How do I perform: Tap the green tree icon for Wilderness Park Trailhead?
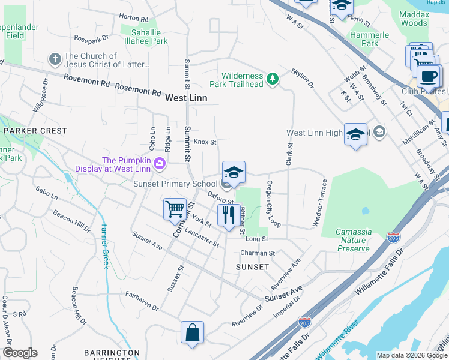point(273,79)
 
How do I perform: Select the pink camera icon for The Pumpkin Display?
point(159,163)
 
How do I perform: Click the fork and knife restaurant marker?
point(228,215)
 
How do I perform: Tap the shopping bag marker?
point(192,333)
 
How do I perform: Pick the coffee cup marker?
point(429,77)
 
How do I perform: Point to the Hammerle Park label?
point(370,39)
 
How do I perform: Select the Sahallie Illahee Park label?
point(144,37)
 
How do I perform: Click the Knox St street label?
point(205,142)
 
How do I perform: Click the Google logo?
point(19,353)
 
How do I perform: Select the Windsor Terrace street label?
point(319,211)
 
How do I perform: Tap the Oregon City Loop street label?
point(274,203)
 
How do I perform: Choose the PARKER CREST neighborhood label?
point(35,130)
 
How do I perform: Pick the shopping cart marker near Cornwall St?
point(175,209)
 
